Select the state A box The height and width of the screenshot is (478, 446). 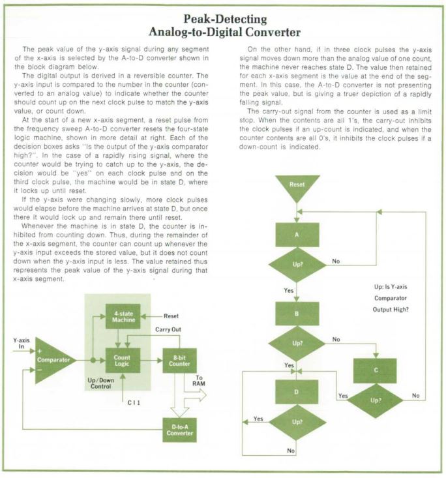(297, 235)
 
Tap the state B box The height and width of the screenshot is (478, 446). (297, 314)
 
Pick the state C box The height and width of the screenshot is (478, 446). (375, 370)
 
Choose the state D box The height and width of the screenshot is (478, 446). (297, 392)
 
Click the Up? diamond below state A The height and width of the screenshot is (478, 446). (297, 265)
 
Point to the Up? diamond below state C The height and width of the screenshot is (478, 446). (376, 400)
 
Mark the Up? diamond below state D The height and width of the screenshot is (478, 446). (297, 422)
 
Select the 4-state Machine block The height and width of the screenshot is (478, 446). (123, 316)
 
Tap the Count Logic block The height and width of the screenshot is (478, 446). (123, 361)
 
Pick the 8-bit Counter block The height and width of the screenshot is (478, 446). (179, 361)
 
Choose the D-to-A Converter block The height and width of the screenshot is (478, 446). (179, 430)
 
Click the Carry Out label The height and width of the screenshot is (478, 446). (168, 329)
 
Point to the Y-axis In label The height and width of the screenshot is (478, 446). (22, 343)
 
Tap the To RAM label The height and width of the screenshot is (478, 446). (199, 381)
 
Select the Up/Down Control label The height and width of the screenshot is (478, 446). (100, 383)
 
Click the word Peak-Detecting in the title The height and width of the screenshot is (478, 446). (226, 19)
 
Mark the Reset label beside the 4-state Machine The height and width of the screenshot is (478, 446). (171, 316)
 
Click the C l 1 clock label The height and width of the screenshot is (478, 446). (134, 403)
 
